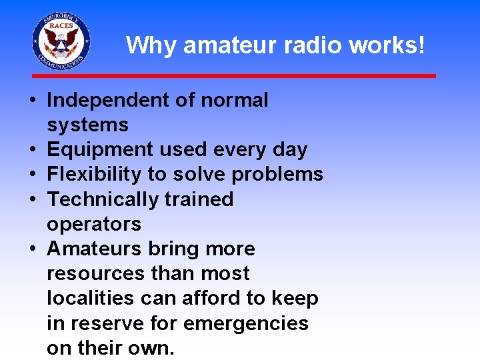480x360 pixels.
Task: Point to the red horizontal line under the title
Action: pyautogui.click(x=233, y=76)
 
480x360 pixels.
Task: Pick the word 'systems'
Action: pyautogui.click(x=87, y=125)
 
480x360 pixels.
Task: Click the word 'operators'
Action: pyautogui.click(x=94, y=223)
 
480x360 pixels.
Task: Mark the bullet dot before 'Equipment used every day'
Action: pyautogui.click(x=33, y=150)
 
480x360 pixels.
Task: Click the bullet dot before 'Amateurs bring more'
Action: pyautogui.click(x=33, y=249)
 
